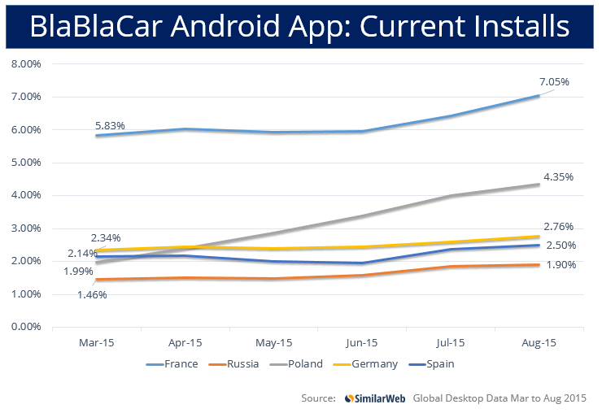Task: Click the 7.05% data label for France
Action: tap(554, 82)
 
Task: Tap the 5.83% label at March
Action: tap(108, 126)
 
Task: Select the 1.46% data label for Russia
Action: tap(93, 294)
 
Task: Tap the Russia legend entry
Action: tap(235, 363)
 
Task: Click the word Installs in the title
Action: tap(518, 27)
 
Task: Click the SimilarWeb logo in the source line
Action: tap(375, 398)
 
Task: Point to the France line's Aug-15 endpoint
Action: tap(539, 95)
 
